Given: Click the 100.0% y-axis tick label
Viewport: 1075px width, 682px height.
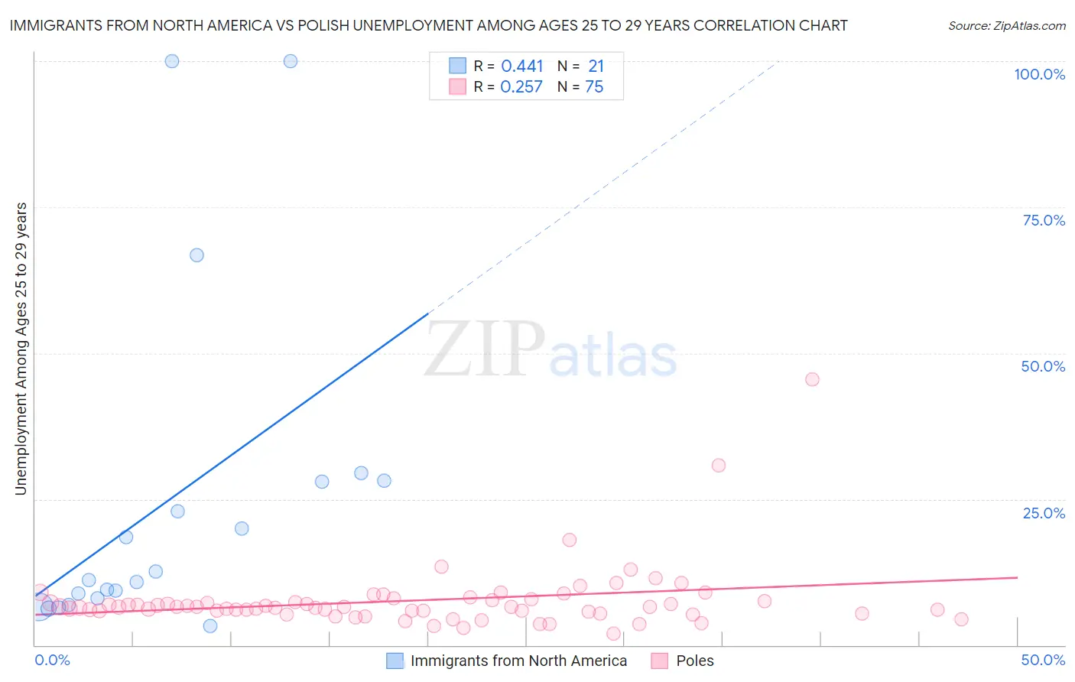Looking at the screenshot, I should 1039,74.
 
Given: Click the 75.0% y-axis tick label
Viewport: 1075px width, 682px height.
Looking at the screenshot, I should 1044,220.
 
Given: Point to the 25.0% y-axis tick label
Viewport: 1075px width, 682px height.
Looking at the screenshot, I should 1044,512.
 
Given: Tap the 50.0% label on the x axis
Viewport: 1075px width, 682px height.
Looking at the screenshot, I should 1043,660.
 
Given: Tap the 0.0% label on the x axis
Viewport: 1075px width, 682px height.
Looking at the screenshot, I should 52,660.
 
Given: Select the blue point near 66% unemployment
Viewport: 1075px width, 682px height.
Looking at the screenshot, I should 196,255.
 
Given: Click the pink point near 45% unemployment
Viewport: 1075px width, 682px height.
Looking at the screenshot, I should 812,379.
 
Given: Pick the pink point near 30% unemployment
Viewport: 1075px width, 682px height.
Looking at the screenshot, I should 718,466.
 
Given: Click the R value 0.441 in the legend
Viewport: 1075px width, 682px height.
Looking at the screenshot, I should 521,67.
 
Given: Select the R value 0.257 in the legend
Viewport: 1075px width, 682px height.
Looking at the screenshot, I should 521,87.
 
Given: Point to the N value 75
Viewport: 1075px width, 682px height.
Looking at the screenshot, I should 594,87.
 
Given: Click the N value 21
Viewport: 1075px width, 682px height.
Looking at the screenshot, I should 596,67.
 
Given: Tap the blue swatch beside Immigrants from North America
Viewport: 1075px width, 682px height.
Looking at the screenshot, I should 395,661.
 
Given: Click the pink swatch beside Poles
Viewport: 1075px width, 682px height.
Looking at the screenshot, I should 660,661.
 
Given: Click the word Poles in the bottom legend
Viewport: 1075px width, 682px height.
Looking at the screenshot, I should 694,661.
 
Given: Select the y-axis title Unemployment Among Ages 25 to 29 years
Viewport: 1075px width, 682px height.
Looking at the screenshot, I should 21,349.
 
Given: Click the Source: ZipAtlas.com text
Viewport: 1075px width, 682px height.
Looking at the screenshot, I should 1006,26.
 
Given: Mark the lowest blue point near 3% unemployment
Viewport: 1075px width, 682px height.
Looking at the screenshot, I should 210,626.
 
